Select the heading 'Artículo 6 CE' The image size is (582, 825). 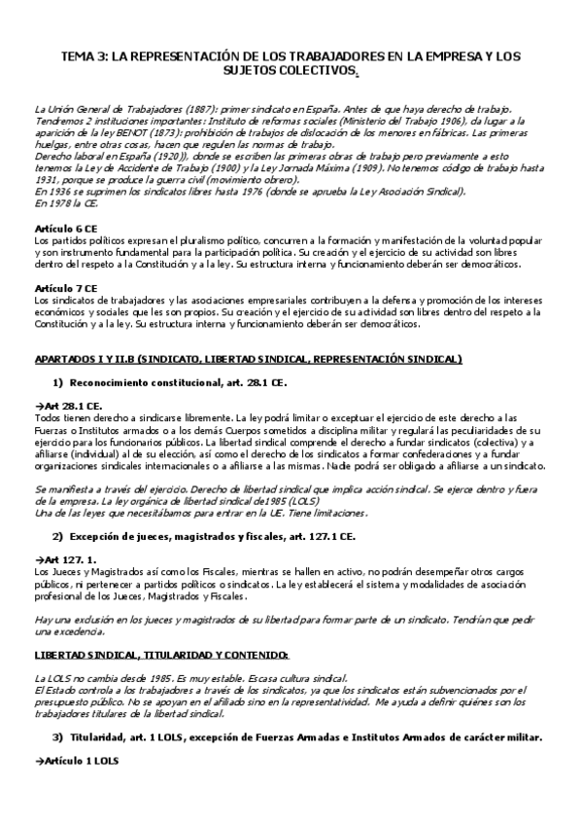point(66,227)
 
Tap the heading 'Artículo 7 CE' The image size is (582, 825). point(66,289)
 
